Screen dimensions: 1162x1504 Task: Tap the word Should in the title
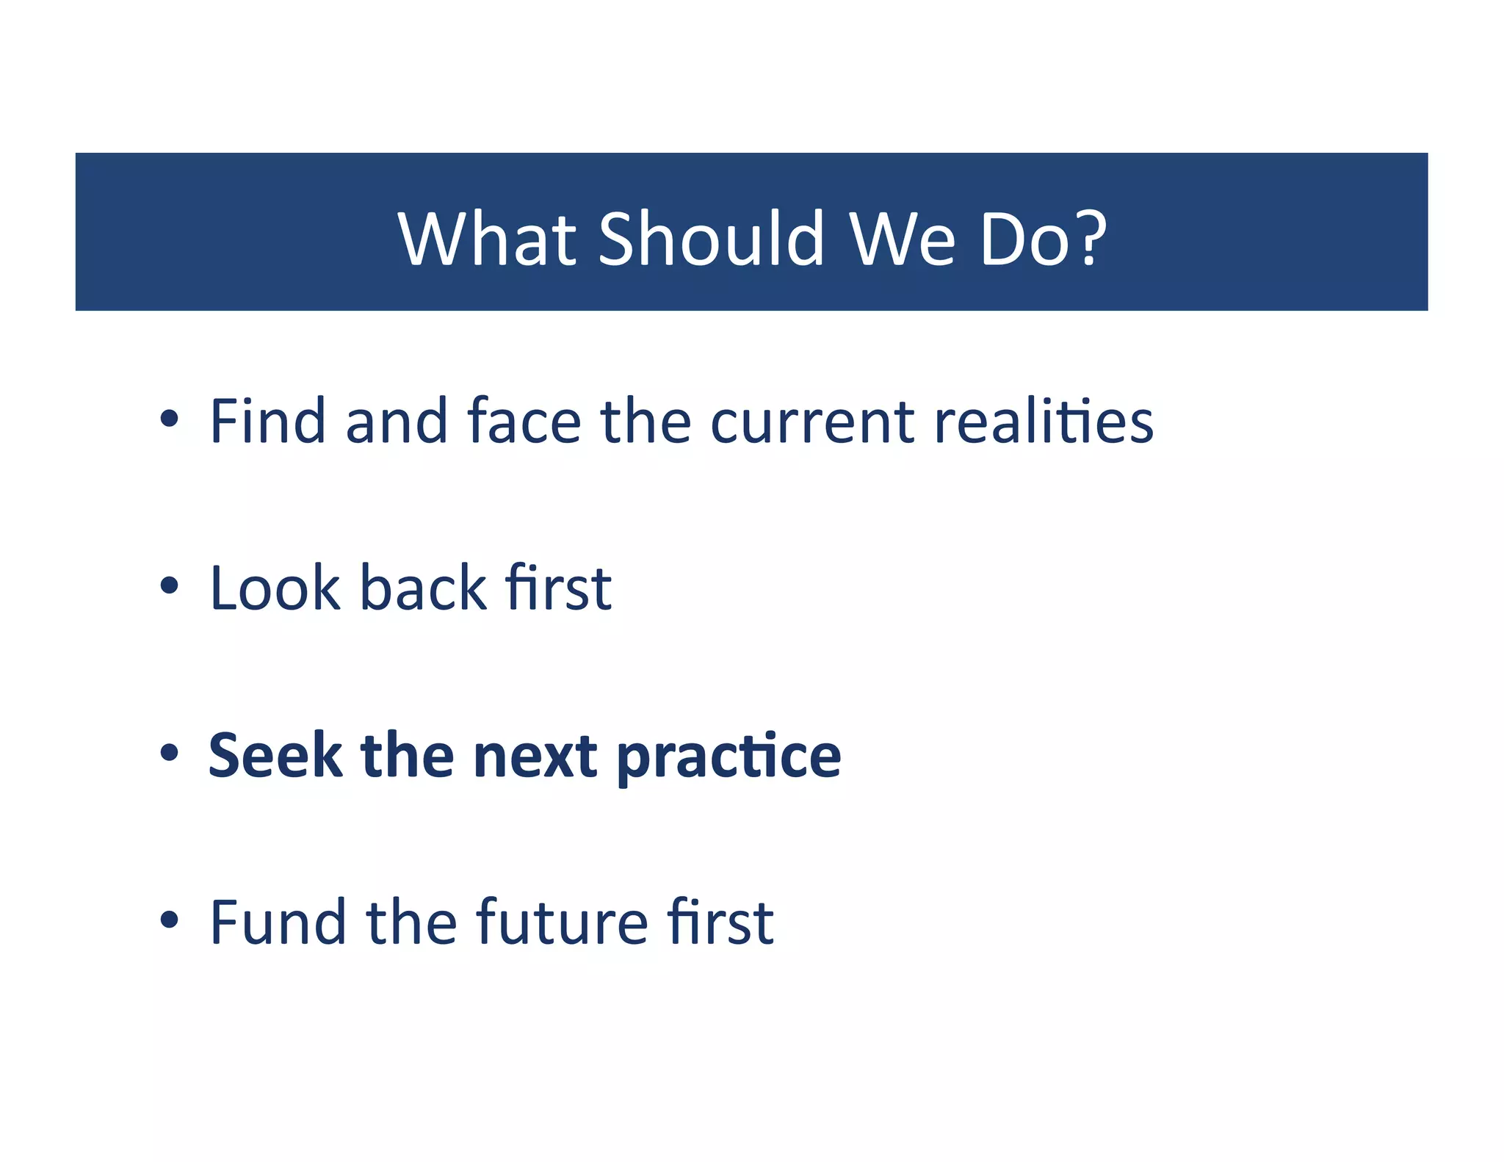[x=712, y=239]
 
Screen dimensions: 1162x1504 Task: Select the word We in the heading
[x=903, y=239]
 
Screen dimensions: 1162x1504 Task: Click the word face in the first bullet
[x=524, y=421]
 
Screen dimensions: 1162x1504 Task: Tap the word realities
[x=1044, y=421]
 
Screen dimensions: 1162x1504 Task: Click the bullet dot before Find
[x=170, y=419]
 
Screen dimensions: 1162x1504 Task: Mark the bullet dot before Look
[x=170, y=586]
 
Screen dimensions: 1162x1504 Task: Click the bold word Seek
[x=275, y=756]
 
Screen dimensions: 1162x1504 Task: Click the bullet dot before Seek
[x=170, y=753]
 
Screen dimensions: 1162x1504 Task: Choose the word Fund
[x=278, y=922]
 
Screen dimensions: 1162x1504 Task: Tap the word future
[x=562, y=923]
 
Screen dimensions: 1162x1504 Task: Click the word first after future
[x=720, y=922]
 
